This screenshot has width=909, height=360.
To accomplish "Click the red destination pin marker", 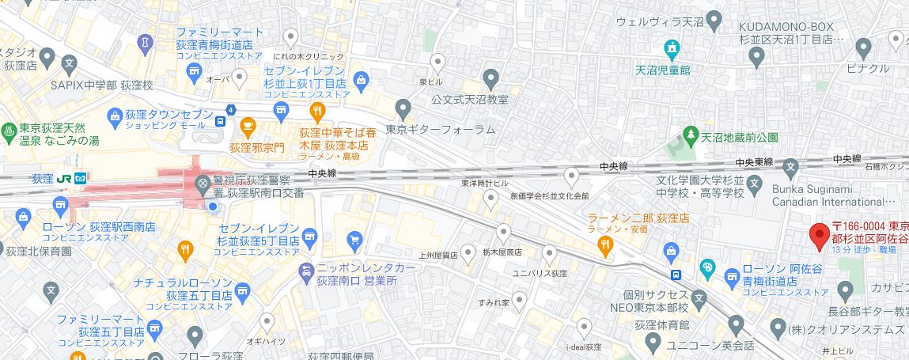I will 819,235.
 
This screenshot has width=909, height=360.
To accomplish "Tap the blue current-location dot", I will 212,207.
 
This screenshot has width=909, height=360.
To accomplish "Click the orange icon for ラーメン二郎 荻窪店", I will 606,246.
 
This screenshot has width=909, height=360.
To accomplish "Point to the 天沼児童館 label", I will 664,70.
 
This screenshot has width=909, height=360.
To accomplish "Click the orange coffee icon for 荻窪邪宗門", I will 248,125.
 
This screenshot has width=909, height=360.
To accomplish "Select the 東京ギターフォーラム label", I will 440,129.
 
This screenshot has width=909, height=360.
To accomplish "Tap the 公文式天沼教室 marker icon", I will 491,78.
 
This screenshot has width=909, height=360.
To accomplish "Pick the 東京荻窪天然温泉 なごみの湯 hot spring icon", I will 9,129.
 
